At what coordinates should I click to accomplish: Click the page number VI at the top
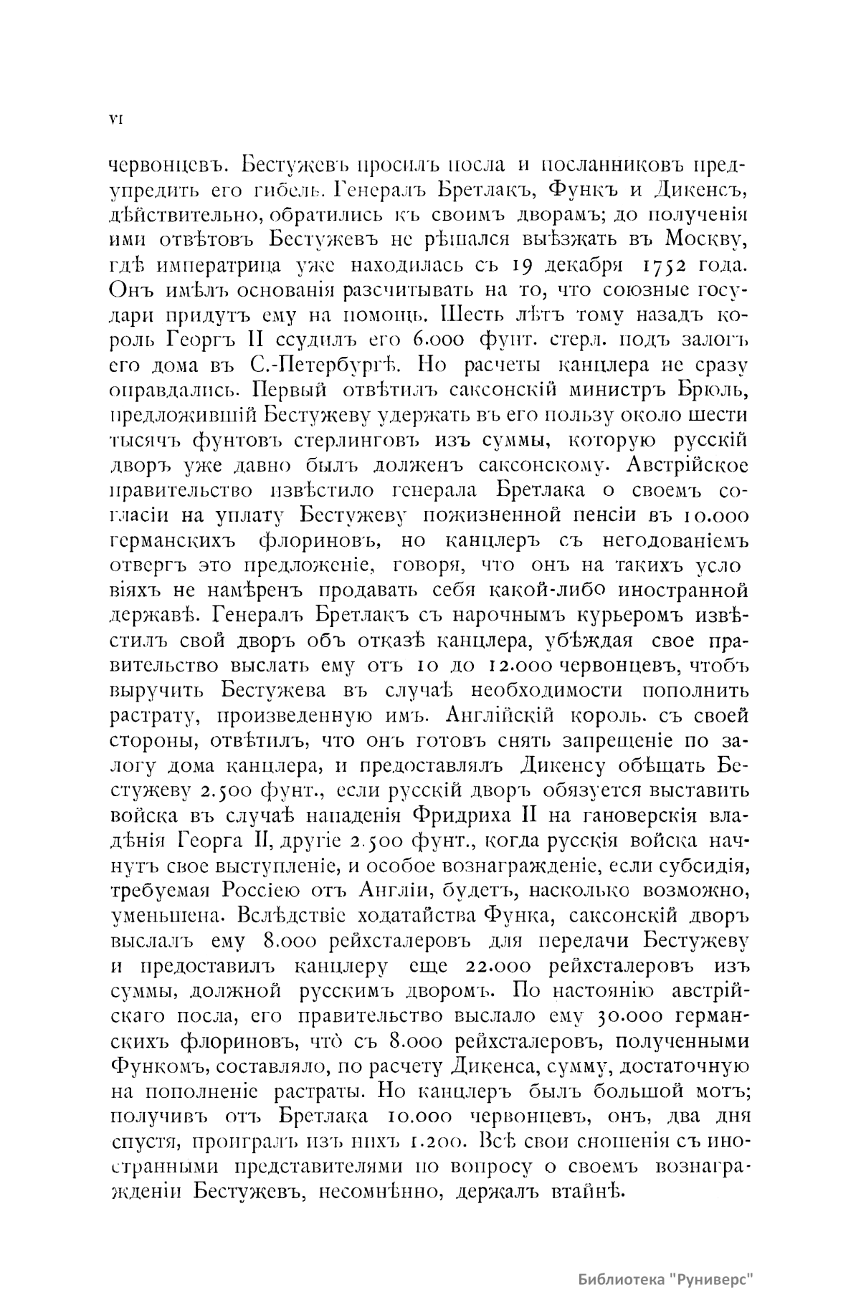click(x=115, y=120)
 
